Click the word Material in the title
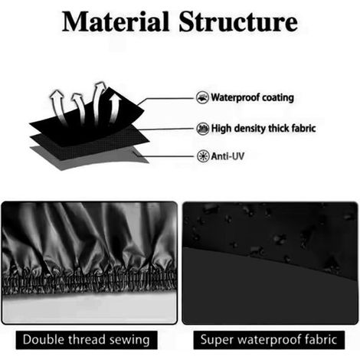pyautogui.click(x=116, y=21)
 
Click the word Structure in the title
pyautogui.click(x=238, y=21)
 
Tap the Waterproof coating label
pyautogui.click(x=252, y=97)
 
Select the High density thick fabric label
pyautogui.click(x=263, y=128)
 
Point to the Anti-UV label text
pyautogui.click(x=227, y=156)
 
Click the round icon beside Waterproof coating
pyautogui.click(x=202, y=97)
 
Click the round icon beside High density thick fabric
pyautogui.click(x=203, y=129)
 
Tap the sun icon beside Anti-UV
pyautogui.click(x=203, y=156)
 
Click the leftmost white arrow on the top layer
pyautogui.click(x=59, y=106)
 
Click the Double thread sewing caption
pyautogui.click(x=87, y=340)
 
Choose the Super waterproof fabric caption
pyautogui.click(x=269, y=340)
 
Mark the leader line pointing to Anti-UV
pyautogui.click(x=165, y=155)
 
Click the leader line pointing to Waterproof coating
pyautogui.click(x=166, y=99)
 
